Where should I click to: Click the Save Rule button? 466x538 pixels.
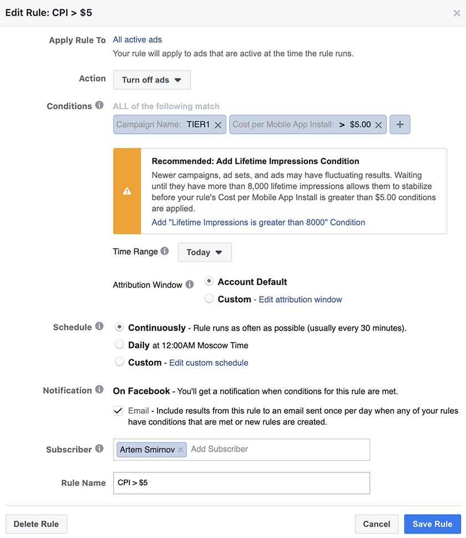click(432, 524)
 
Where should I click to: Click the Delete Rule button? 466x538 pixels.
click(36, 524)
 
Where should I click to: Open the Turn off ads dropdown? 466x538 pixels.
click(151, 80)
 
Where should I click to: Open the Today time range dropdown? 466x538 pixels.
click(204, 252)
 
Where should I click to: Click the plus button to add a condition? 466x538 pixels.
click(399, 124)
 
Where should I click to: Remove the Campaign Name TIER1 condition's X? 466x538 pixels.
click(218, 125)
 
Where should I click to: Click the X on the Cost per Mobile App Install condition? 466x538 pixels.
click(378, 125)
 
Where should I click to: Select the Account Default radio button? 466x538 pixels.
click(209, 281)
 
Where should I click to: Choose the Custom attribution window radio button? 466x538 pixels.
click(209, 299)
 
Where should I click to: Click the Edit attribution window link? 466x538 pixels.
click(300, 299)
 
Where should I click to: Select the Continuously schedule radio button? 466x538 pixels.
click(119, 327)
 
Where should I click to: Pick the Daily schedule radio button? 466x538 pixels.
click(119, 345)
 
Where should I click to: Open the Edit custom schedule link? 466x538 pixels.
click(209, 363)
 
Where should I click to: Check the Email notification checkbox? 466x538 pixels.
click(118, 411)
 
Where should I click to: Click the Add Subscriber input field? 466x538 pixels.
click(277, 449)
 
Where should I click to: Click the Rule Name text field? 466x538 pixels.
click(241, 482)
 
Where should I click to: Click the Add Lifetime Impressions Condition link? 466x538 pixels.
click(258, 222)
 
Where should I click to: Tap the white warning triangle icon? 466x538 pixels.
click(127, 191)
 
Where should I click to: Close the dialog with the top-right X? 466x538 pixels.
click(457, 13)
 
